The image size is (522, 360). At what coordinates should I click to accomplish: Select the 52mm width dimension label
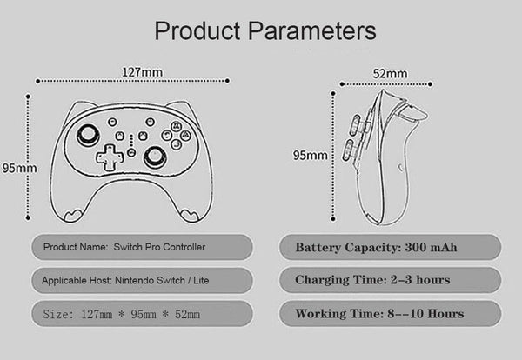(x=391, y=73)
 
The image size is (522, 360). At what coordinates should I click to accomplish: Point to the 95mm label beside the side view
(x=310, y=156)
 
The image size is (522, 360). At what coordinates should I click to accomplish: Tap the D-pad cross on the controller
(x=109, y=157)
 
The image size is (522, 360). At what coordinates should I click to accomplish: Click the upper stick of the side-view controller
(x=355, y=125)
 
